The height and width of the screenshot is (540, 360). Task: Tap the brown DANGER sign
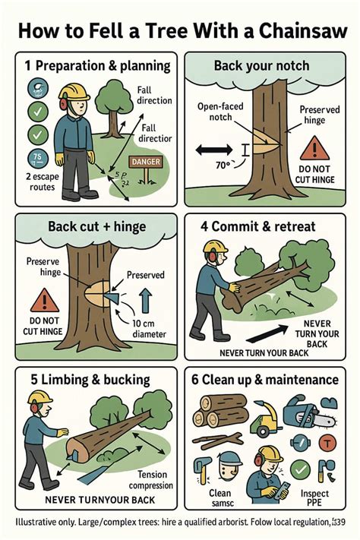[147, 163]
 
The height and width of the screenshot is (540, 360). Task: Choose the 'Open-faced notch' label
[221, 112]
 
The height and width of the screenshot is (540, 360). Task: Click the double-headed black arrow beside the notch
[213, 149]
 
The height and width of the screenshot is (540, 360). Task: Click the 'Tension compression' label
[150, 480]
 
